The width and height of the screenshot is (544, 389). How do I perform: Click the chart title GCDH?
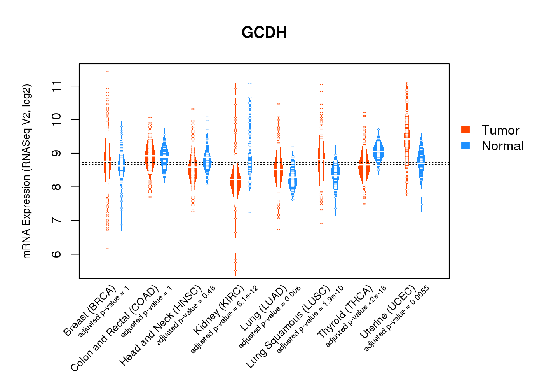tap(264, 33)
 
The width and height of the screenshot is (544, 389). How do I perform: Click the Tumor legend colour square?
tap(466, 130)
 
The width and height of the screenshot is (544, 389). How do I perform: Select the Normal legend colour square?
tap(466, 145)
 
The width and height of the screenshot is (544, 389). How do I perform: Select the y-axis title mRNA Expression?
tap(26, 171)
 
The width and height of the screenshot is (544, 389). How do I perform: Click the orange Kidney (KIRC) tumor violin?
tap(235, 183)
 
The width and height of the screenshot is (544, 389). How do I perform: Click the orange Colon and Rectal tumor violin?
tap(150, 156)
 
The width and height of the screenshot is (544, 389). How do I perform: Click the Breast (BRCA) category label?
tap(90, 311)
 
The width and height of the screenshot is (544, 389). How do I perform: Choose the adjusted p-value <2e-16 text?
tap(356, 316)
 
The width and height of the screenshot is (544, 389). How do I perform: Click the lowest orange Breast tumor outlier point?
tap(107, 249)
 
